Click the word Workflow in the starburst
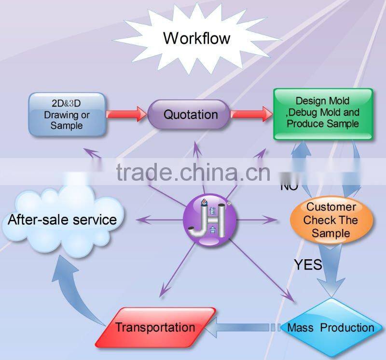point(196,38)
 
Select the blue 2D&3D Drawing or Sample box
point(67,114)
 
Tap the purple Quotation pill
point(191,115)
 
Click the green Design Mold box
point(323,114)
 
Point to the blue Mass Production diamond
point(331,328)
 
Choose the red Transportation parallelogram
point(155,328)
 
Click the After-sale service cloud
point(62,220)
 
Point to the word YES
point(308,264)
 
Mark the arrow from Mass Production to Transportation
point(246,328)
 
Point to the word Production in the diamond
point(347,328)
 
